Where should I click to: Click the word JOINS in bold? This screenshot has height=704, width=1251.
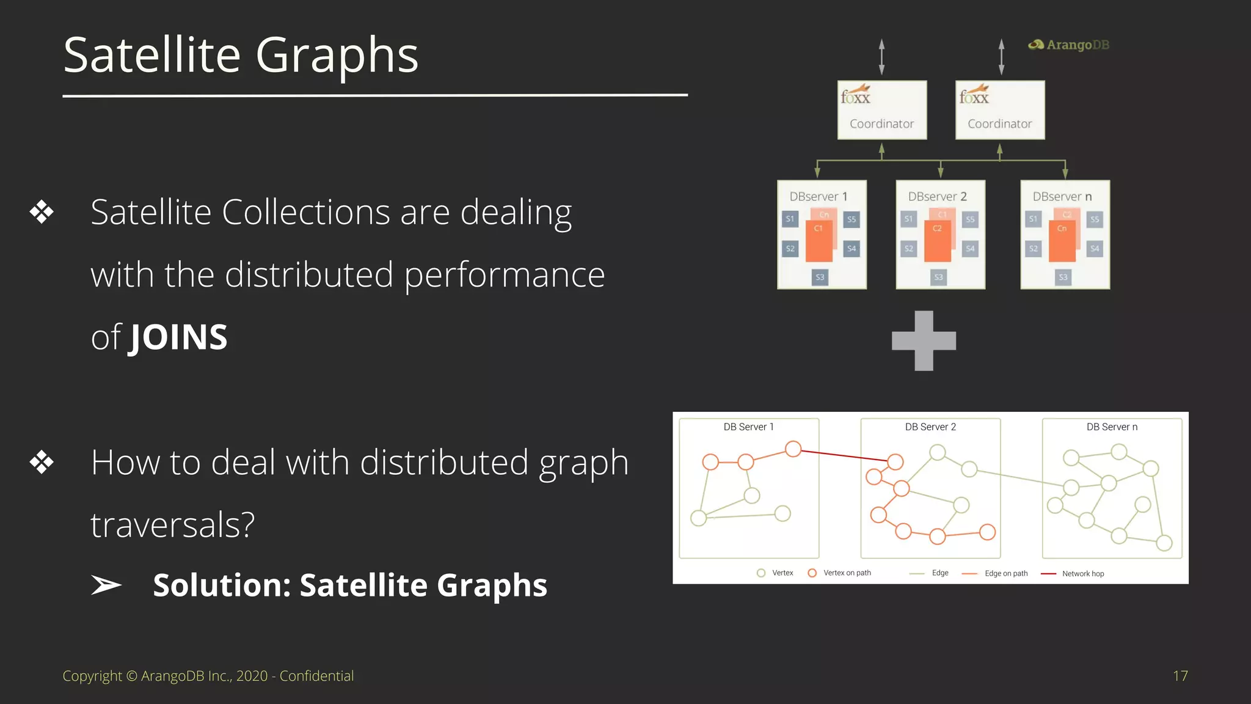[x=178, y=337]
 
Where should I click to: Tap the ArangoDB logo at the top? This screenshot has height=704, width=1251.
[x=1069, y=45]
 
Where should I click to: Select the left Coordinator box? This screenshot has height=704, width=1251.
[x=881, y=111]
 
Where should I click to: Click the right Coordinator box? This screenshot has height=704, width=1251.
[x=1000, y=111]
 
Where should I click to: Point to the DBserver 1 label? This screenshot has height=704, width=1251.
[x=818, y=197]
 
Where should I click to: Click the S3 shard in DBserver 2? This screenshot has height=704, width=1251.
[x=939, y=277]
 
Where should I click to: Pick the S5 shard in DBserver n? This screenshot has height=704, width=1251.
[x=1095, y=219]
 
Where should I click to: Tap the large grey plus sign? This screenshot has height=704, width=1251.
[x=924, y=340]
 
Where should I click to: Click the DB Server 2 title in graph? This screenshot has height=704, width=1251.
[x=930, y=427]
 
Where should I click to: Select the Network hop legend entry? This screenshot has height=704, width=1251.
[x=1082, y=574]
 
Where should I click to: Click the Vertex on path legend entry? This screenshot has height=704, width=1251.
[x=846, y=573]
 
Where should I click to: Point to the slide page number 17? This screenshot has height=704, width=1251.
[x=1180, y=676]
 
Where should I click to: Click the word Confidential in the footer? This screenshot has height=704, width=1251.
[x=316, y=676]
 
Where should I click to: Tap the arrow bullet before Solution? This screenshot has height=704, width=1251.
[x=106, y=585]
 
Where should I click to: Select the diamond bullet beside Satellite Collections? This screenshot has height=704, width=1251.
[x=42, y=212]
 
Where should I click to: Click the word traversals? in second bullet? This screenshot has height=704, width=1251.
[x=172, y=524]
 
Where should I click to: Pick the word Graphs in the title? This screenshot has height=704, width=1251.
[x=337, y=55]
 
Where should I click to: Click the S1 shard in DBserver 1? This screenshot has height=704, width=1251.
[x=790, y=219]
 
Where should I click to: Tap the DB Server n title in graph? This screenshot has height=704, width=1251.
[x=1112, y=427]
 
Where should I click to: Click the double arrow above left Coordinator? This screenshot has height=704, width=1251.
[x=881, y=57]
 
